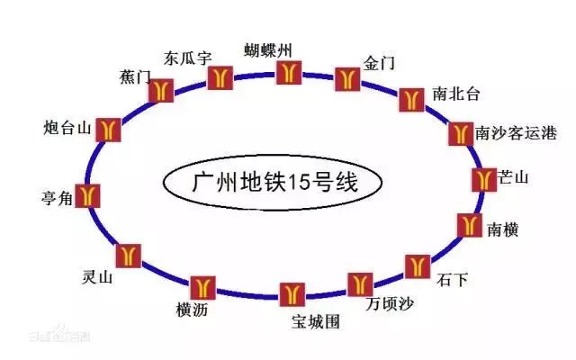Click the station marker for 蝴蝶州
[288, 71]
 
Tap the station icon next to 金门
[346, 77]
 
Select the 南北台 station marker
[410, 99]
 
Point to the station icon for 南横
[468, 225]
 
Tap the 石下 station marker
[417, 265]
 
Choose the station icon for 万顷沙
[359, 284]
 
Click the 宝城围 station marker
[291, 293]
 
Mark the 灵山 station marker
[129, 255]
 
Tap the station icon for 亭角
[88, 194]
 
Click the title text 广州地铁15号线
[275, 183]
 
